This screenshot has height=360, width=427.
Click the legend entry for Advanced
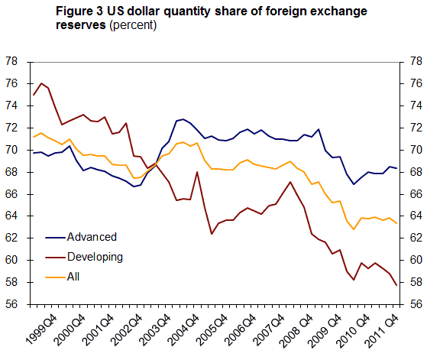[91, 236]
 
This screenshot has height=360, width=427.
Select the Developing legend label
[95, 256]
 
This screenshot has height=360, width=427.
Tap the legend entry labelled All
[73, 276]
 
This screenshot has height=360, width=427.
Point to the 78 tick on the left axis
[13, 61]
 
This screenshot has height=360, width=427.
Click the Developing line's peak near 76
[40, 83]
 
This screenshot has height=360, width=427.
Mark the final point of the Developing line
[396, 285]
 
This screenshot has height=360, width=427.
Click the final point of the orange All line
[396, 222]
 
